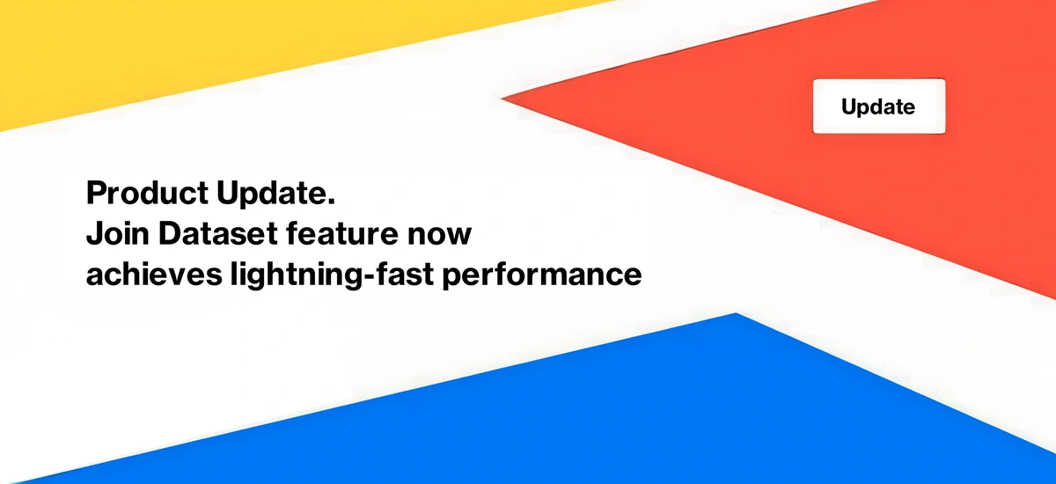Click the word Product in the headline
(147, 193)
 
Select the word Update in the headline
(272, 194)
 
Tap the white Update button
(879, 106)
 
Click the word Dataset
(218, 233)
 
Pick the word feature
(342, 233)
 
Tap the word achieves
(154, 274)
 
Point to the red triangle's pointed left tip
(502, 99)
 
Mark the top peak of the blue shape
(736, 313)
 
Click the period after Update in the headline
(331, 202)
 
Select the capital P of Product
(96, 193)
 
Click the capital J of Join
(94, 234)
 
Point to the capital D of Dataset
(170, 233)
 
